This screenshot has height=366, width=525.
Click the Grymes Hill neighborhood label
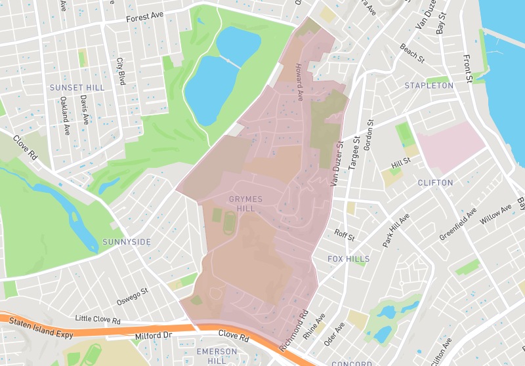pyautogui.click(x=245, y=203)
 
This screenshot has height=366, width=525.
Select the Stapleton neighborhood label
pyautogui.click(x=429, y=86)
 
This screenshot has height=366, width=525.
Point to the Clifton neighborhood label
pyautogui.click(x=435, y=182)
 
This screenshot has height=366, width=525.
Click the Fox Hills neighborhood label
pyautogui.click(x=348, y=259)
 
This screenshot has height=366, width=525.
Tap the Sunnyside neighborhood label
pyautogui.click(x=127, y=242)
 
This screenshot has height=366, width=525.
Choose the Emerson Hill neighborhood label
pyautogui.click(x=217, y=356)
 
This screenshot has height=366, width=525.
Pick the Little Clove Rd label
pyautogui.click(x=98, y=321)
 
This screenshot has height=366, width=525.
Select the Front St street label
pyautogui.click(x=469, y=69)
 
